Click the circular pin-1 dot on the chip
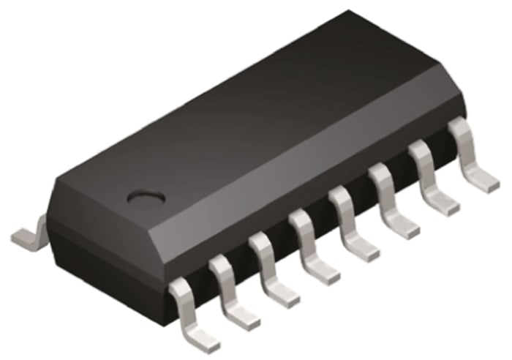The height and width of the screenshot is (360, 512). [x=144, y=196]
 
